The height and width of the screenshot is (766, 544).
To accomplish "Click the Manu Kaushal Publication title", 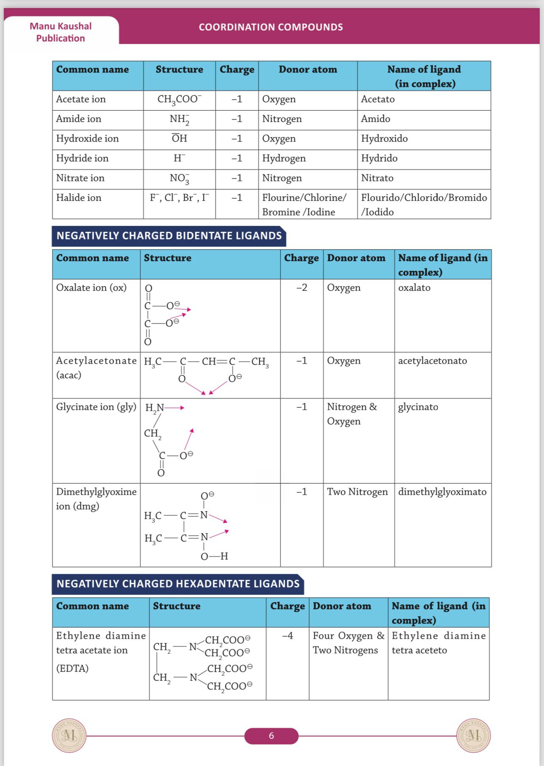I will click(61, 32).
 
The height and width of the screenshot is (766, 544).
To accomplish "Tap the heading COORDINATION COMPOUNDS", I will click(271, 27).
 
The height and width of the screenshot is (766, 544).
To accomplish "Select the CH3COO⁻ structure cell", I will click(179, 100).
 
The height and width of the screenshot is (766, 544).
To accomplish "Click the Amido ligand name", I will click(375, 119).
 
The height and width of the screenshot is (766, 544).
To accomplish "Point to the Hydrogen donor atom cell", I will click(283, 158).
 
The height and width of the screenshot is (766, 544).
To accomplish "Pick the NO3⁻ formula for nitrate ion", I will click(179, 178).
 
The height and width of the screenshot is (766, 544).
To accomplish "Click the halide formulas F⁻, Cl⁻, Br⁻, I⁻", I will click(179, 198).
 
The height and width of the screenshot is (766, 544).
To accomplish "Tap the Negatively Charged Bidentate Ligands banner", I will click(169, 236).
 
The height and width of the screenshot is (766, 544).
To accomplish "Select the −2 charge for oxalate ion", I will click(302, 287).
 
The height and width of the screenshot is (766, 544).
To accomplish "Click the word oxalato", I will click(414, 287).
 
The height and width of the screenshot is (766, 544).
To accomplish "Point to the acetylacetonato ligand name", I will click(432, 361).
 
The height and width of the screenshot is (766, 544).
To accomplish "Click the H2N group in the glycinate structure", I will click(155, 408).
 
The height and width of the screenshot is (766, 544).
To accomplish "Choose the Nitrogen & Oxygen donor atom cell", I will click(351, 414).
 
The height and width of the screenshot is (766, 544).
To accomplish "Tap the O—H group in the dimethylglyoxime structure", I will click(214, 556).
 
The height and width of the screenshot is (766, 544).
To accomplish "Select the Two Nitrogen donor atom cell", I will click(357, 492).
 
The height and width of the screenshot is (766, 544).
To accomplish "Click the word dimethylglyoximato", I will click(442, 492).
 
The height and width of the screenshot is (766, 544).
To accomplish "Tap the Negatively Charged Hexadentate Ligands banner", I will click(178, 584).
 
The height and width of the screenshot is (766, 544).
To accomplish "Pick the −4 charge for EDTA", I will click(287, 636).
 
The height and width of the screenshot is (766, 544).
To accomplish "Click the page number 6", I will click(271, 735).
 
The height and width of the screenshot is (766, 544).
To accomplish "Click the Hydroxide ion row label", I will click(87, 139).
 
